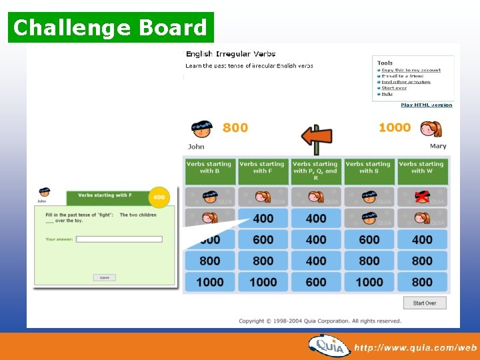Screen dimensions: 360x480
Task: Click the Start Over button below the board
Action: click(x=424, y=303)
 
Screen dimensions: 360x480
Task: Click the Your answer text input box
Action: click(x=119, y=239)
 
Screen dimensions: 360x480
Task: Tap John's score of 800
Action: click(x=235, y=127)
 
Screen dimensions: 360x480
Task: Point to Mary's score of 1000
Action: click(x=395, y=127)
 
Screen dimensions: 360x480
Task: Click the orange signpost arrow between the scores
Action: click(x=316, y=137)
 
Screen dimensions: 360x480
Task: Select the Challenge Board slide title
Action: click(x=111, y=28)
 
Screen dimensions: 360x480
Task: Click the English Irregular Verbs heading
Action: click(x=231, y=54)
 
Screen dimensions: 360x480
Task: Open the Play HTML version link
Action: click(x=426, y=105)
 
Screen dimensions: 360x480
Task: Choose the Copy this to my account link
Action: click(x=411, y=70)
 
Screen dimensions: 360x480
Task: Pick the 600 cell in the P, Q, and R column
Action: click(x=316, y=282)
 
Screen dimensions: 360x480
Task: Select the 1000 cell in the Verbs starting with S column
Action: click(x=369, y=282)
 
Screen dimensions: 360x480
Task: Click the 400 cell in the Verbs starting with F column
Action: click(x=263, y=218)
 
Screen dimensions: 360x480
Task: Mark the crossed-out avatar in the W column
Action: click(x=422, y=197)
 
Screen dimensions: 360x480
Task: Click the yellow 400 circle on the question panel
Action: click(x=159, y=197)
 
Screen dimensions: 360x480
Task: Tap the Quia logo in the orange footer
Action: click(x=328, y=346)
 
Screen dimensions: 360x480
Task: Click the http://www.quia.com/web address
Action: click(x=415, y=347)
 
